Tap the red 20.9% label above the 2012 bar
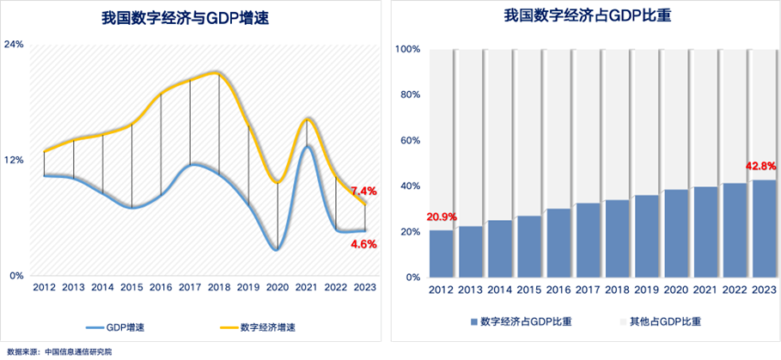(x=442, y=217)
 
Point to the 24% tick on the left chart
(x=14, y=44)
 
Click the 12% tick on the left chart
(x=14, y=160)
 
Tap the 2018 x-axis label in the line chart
(x=218, y=287)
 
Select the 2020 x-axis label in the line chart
(x=277, y=287)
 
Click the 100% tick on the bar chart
(x=407, y=49)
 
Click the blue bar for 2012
(x=442, y=253)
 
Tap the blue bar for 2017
(x=589, y=240)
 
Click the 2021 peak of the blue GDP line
(x=307, y=145)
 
